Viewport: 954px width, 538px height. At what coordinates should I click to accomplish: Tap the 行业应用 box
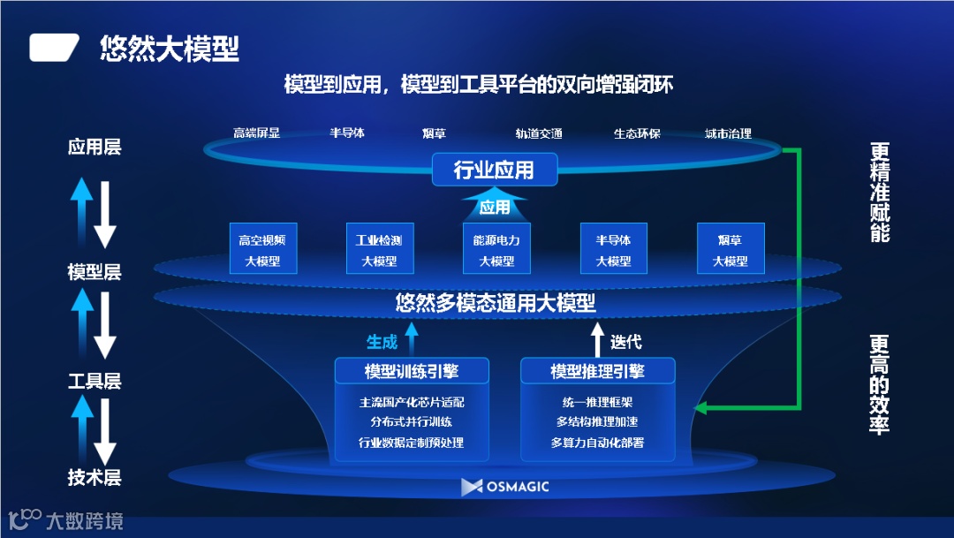(x=494, y=170)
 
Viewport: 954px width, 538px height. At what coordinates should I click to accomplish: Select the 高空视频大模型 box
(x=262, y=249)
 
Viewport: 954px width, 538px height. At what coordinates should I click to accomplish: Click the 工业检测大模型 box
(x=379, y=249)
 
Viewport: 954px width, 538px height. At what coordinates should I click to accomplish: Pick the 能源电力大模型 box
(x=496, y=249)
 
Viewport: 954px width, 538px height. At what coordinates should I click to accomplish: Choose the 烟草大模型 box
(x=730, y=249)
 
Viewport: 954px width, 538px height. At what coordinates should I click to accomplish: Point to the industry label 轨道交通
(x=539, y=134)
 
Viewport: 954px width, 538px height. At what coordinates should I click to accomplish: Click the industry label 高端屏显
(x=256, y=133)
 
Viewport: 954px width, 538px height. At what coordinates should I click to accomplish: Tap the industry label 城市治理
(x=728, y=134)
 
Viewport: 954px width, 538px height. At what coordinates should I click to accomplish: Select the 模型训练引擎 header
(x=412, y=371)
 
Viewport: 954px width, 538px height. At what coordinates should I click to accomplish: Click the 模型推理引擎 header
(x=597, y=371)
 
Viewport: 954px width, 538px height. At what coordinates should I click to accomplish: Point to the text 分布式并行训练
(x=412, y=422)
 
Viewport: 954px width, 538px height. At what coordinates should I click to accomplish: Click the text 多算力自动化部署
(x=597, y=443)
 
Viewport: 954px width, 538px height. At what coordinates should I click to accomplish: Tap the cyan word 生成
(x=382, y=342)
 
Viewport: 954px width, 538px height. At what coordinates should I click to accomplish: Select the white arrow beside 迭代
(x=597, y=340)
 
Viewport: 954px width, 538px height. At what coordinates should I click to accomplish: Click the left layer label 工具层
(x=95, y=382)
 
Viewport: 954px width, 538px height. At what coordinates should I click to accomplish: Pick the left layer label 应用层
(x=95, y=147)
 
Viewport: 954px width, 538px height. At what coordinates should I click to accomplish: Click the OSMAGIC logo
(x=505, y=487)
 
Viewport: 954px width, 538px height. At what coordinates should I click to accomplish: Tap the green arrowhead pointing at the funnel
(x=701, y=408)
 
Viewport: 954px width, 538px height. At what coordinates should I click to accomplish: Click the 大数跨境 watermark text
(x=84, y=521)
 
